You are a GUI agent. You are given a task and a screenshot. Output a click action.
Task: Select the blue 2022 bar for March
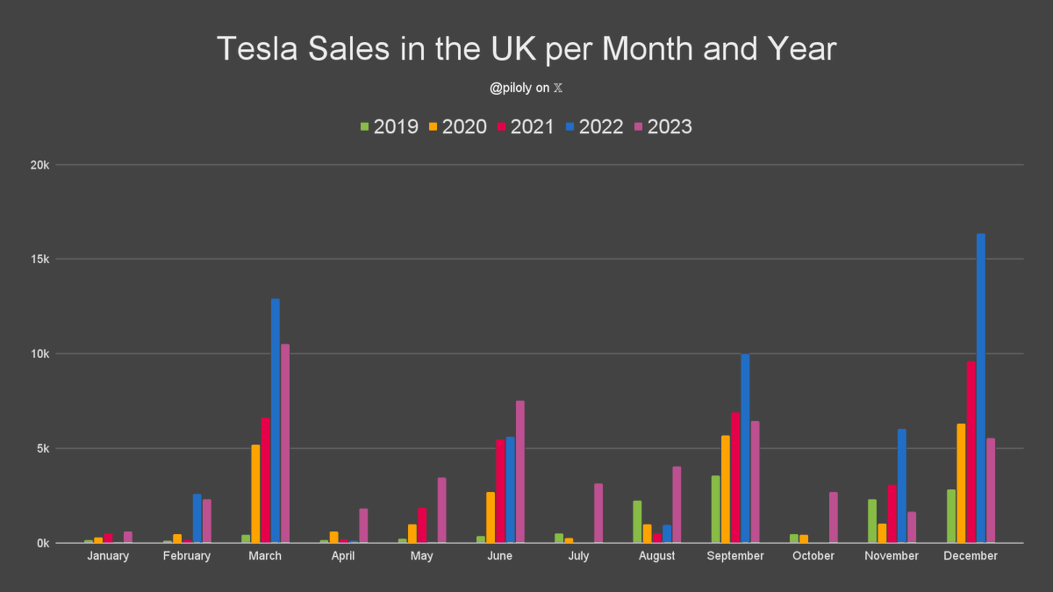[x=276, y=421]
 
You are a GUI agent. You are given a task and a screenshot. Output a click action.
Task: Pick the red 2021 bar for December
[x=971, y=452]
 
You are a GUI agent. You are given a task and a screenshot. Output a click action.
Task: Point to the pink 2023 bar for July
[x=598, y=513]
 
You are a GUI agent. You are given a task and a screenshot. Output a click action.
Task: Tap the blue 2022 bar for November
[x=902, y=486]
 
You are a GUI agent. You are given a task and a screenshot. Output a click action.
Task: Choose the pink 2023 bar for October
[x=834, y=517]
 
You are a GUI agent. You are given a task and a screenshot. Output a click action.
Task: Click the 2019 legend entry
[x=389, y=126]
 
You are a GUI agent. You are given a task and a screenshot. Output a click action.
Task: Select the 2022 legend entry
[x=593, y=126]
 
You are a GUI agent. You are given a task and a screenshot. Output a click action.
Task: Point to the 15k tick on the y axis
[x=40, y=260]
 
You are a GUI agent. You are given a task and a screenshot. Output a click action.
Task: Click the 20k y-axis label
[x=40, y=165]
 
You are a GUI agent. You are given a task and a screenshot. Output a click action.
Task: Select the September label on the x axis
[x=735, y=556]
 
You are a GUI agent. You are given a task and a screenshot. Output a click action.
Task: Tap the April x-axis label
[x=343, y=556]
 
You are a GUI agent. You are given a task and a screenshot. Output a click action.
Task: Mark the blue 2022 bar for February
[x=197, y=518]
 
